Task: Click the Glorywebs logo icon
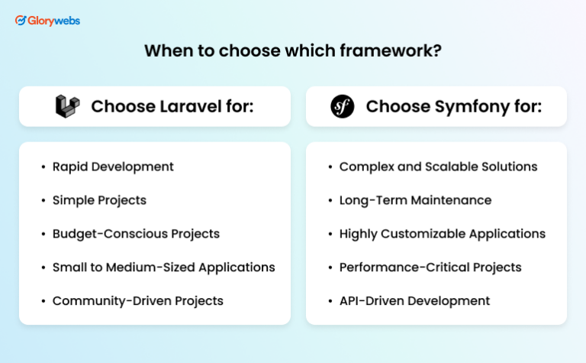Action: pyautogui.click(x=21, y=21)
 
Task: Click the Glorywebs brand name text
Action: pyautogui.click(x=54, y=21)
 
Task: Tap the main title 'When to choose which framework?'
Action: pyautogui.click(x=293, y=51)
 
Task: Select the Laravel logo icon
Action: pyautogui.click(x=67, y=106)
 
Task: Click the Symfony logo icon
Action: pyautogui.click(x=342, y=106)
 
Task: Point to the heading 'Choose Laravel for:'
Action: pyautogui.click(x=172, y=106)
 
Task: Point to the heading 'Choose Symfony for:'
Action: pyautogui.click(x=453, y=106)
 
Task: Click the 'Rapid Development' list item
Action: pyautogui.click(x=113, y=167)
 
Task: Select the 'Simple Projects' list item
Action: pyautogui.click(x=99, y=200)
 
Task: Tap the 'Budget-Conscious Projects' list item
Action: pyautogui.click(x=136, y=234)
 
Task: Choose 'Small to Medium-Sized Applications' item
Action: pyautogui.click(x=163, y=267)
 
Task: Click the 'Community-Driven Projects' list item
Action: pyautogui.click(x=137, y=301)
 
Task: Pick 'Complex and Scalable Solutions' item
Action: pyautogui.click(x=438, y=167)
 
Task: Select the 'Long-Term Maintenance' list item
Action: pyautogui.click(x=415, y=200)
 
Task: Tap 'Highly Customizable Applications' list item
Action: pyautogui.click(x=442, y=234)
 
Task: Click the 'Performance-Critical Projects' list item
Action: pyautogui.click(x=430, y=267)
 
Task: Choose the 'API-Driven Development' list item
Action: pyautogui.click(x=414, y=301)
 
